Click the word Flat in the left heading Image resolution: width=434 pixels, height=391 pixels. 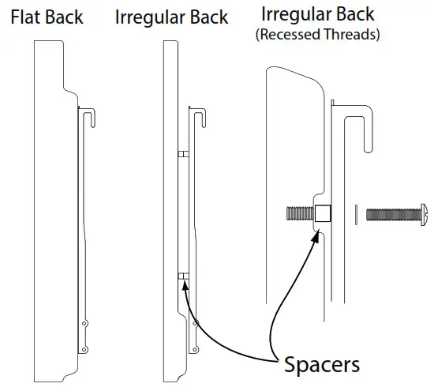tap(25, 17)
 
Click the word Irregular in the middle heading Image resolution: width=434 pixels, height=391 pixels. tap(150, 17)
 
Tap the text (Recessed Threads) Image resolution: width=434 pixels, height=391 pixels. tap(317, 35)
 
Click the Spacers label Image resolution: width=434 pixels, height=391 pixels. tap(322, 365)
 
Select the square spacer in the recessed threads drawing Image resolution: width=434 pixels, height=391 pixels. tap(323, 213)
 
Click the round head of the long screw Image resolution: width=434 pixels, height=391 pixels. tap(424, 215)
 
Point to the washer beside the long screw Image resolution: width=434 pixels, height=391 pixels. tap(356, 215)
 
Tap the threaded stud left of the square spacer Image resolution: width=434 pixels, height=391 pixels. tap(301, 213)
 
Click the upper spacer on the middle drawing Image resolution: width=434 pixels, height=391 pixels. tap(184, 154)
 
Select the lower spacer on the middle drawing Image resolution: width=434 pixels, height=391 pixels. tap(184, 276)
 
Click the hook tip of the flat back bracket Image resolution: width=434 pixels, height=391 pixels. tap(93, 126)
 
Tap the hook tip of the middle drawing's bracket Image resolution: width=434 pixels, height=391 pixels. tap(204, 126)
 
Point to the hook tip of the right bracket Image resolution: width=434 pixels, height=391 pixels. tap(369, 150)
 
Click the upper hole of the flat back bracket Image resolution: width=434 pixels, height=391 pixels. tap(84, 323)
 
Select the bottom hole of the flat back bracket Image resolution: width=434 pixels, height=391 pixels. tap(84, 350)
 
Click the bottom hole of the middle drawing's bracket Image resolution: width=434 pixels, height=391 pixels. tap(195, 350)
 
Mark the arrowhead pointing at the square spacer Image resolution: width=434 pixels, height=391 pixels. tap(316, 235)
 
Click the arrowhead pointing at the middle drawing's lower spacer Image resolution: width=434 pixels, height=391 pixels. tap(185, 285)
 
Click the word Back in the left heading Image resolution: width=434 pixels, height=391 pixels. tap(64, 17)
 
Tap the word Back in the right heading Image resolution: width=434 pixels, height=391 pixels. tap(355, 14)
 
